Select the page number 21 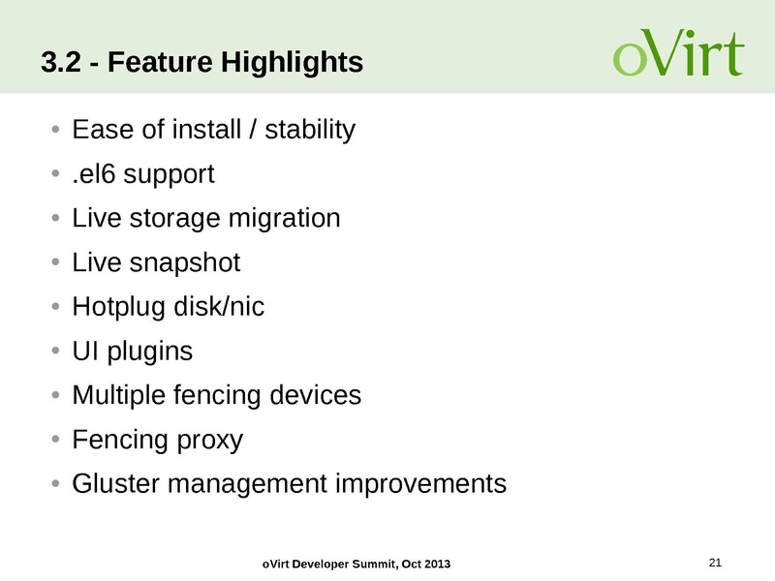[717, 562]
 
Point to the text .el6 [93, 174]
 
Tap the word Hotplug [112, 307]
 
